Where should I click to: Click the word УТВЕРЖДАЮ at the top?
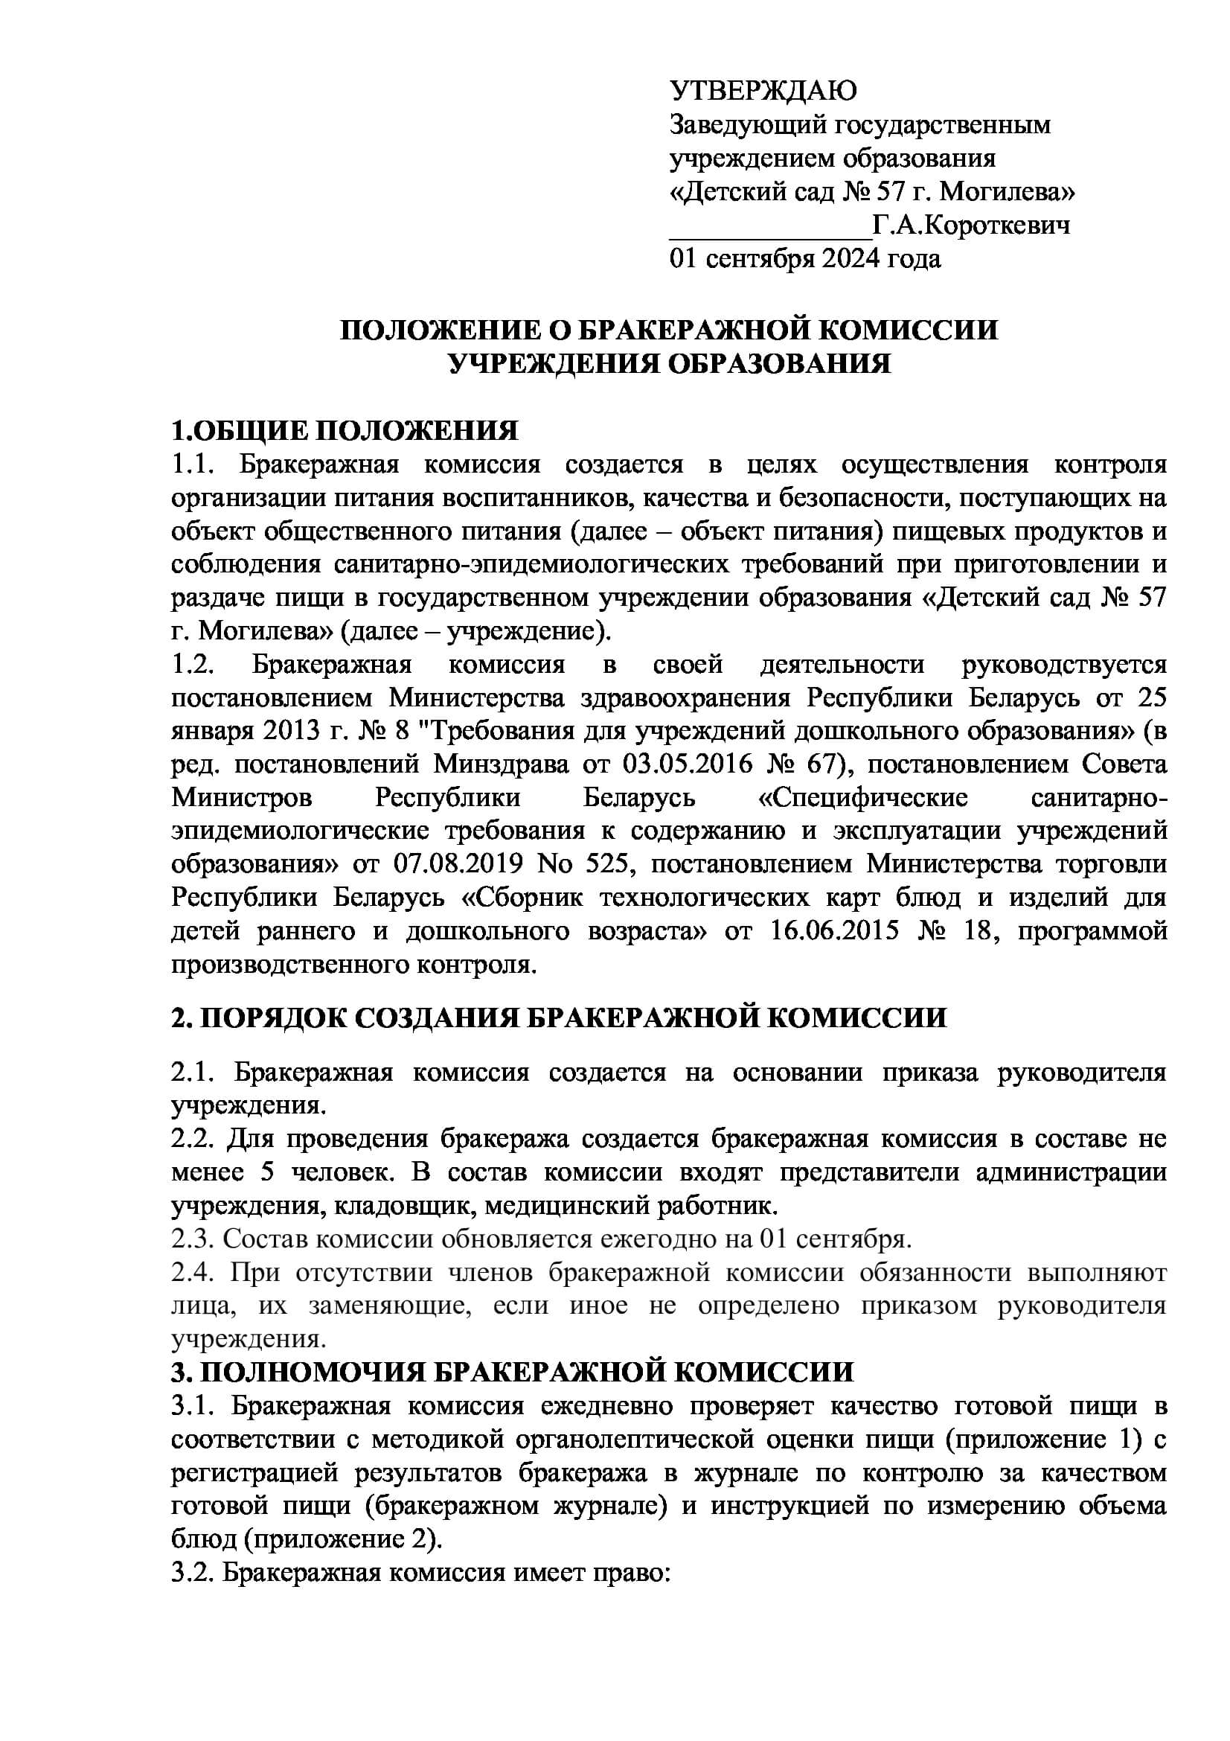(763, 91)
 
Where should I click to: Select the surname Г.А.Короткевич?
(972, 226)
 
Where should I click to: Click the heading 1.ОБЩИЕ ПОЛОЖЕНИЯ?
(345, 431)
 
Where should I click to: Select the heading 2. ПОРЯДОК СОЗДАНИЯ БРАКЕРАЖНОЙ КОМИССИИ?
(560, 1017)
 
